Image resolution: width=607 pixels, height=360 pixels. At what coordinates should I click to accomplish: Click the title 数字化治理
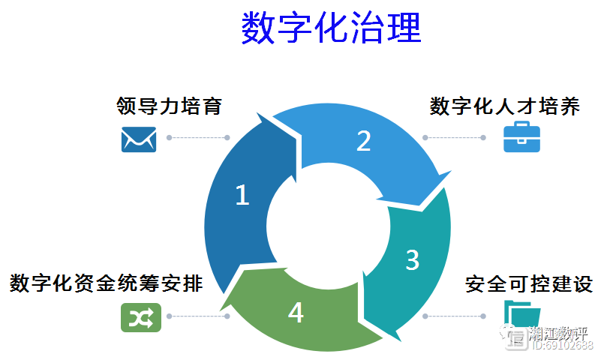click(x=331, y=28)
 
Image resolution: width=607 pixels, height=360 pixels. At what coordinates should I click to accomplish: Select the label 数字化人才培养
click(x=504, y=106)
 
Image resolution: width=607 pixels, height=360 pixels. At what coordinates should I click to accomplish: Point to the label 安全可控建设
click(x=529, y=284)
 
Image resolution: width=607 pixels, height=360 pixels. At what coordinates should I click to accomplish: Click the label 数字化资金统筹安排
click(x=106, y=284)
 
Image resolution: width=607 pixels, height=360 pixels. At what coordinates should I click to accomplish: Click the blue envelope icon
click(x=139, y=139)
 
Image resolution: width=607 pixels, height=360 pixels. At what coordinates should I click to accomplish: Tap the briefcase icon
click(x=521, y=138)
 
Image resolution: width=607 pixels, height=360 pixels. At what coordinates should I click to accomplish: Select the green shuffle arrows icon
click(x=141, y=318)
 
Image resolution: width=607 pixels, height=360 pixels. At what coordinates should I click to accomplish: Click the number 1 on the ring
click(x=242, y=195)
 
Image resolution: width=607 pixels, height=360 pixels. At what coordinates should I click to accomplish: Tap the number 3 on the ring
click(x=412, y=259)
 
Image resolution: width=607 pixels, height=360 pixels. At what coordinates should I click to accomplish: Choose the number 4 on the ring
click(x=296, y=313)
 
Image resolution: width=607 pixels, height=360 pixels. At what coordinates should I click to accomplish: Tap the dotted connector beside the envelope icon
click(x=198, y=138)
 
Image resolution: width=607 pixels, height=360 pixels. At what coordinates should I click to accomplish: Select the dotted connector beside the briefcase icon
click(x=455, y=138)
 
